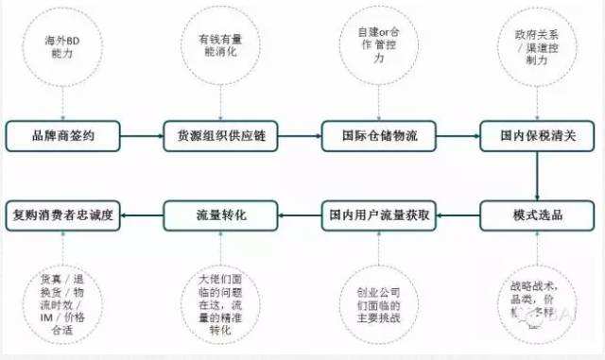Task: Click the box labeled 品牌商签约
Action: (x=63, y=136)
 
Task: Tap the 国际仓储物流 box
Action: (x=379, y=136)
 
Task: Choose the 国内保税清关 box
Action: (x=537, y=136)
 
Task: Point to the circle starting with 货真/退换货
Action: (x=63, y=300)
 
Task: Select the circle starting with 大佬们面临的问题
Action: (x=220, y=300)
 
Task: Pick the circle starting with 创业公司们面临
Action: (x=378, y=300)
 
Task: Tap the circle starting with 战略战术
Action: (x=536, y=300)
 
